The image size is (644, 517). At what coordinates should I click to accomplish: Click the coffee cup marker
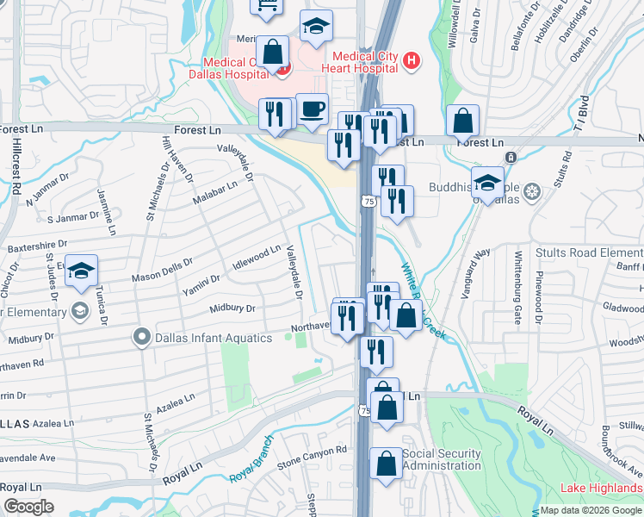point(312,109)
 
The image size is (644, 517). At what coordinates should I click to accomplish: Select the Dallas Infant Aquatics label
point(214,338)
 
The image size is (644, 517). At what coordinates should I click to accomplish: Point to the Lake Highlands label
point(601,488)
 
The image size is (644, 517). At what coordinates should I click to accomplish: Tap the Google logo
point(28,507)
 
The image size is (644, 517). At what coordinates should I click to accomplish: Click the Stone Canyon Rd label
point(312,457)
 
